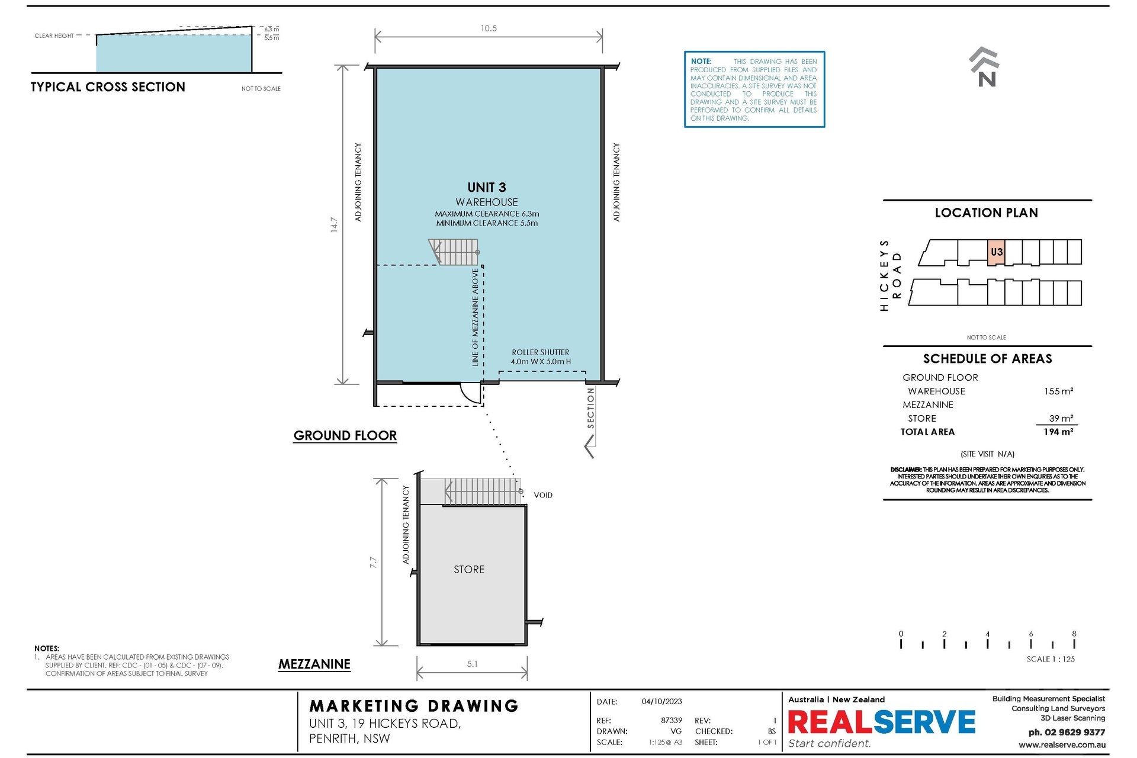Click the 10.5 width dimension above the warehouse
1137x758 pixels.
click(x=489, y=28)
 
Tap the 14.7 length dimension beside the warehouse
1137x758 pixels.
click(x=334, y=224)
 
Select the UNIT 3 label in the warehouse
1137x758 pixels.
click(x=487, y=188)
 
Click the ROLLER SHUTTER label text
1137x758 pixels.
click(x=541, y=352)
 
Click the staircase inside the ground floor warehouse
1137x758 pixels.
click(x=454, y=252)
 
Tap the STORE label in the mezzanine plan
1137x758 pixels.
click(x=469, y=570)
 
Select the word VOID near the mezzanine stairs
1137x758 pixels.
click(x=543, y=495)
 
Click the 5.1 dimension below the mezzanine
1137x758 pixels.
click(x=472, y=664)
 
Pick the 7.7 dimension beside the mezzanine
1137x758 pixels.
click(x=373, y=562)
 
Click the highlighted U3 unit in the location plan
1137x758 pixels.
click(x=997, y=252)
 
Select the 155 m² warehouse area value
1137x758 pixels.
click(x=1058, y=391)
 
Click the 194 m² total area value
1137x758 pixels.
click(x=1058, y=432)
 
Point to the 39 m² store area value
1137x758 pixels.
click(x=1061, y=418)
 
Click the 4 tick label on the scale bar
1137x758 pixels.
click(x=987, y=634)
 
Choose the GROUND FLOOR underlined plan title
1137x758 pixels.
click(x=345, y=436)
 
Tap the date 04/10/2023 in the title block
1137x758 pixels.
click(x=661, y=702)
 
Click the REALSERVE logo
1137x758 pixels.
click(x=882, y=722)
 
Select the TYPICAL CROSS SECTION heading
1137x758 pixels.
click(x=108, y=87)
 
